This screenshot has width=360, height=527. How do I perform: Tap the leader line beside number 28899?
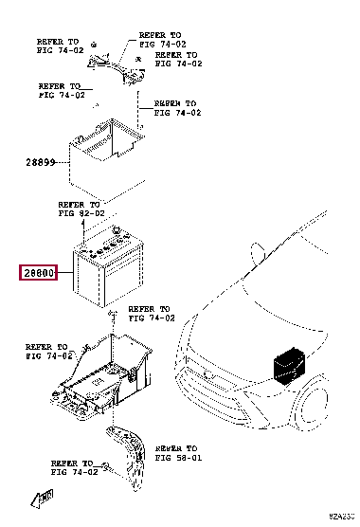click(x=64, y=162)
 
